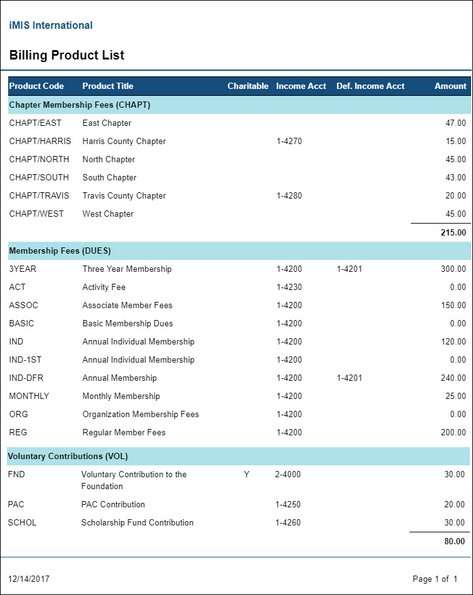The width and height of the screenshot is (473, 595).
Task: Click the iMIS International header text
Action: pos(51,26)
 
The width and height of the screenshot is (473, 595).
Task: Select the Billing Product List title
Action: pos(66,55)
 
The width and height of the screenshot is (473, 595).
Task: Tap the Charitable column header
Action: pos(248,86)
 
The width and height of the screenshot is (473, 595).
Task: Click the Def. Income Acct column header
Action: pos(370,86)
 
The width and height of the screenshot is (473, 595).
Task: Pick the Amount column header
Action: pos(450,86)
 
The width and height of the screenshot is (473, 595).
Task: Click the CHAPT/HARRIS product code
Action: pos(40,141)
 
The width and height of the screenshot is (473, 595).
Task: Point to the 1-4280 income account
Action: pos(289,195)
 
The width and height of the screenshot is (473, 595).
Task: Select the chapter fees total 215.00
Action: pos(454,232)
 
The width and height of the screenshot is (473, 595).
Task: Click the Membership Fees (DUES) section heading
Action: pos(60,251)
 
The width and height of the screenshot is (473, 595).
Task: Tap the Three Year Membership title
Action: pos(127,269)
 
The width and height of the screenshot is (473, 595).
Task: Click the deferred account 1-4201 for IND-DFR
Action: pos(349,378)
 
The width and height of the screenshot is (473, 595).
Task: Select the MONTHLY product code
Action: pos(29,396)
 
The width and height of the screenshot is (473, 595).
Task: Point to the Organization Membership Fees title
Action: pos(141,414)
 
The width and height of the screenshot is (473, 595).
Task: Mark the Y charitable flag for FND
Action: pos(247,474)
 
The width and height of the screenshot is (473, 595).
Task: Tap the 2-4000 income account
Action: pos(288,474)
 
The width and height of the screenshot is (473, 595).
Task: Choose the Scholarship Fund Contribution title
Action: pos(137,522)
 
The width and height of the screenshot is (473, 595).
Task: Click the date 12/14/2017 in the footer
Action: pos(29,578)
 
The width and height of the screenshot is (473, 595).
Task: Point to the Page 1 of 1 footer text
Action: pos(435,578)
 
